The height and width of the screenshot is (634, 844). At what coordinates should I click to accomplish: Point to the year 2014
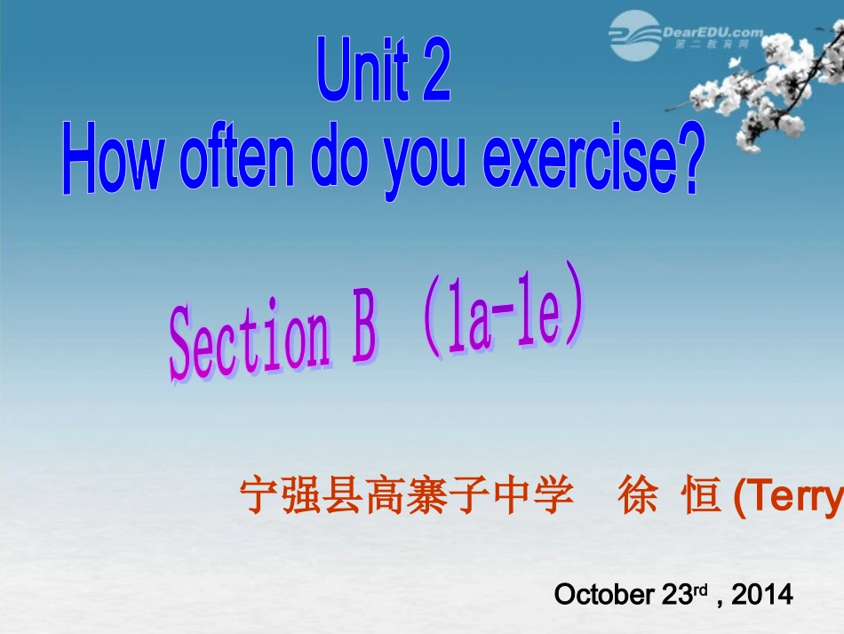coord(761,595)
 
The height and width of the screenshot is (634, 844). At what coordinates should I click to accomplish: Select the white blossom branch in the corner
coord(773,98)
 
